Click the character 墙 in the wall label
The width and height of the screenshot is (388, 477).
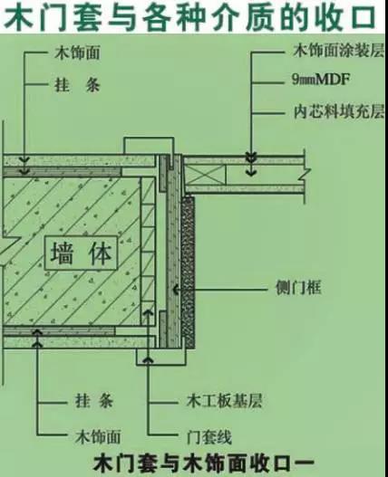tap(63, 253)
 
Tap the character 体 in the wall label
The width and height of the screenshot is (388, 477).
tap(100, 253)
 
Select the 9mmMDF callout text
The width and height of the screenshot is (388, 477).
tap(321, 80)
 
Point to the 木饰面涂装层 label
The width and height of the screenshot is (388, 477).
tap(338, 50)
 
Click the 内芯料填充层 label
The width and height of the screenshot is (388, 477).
tap(338, 111)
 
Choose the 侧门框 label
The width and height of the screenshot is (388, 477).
tap(298, 288)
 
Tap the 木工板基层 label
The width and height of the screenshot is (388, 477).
tap(224, 401)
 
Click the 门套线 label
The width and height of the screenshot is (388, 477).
tap(209, 437)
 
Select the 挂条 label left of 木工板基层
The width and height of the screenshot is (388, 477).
tap(94, 401)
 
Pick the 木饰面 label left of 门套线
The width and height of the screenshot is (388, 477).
tap(98, 437)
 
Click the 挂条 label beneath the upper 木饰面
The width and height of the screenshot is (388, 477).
tap(77, 85)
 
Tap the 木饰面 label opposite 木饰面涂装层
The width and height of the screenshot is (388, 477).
tap(77, 52)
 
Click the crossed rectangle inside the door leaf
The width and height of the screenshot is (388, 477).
tap(205, 175)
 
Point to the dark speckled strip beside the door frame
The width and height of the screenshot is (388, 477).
tap(188, 272)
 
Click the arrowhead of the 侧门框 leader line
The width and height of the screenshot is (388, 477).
tap(176, 289)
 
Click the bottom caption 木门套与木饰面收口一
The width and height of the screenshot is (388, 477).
tap(204, 464)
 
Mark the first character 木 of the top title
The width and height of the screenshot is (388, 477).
tap(18, 17)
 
